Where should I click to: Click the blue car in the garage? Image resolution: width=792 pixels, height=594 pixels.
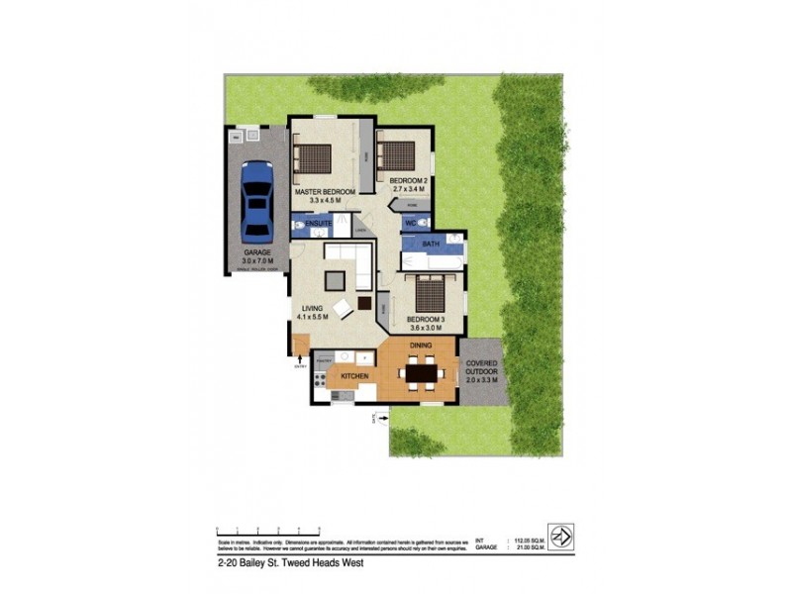(x=256, y=201)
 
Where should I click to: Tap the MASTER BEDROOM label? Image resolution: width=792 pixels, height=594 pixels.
(x=324, y=192)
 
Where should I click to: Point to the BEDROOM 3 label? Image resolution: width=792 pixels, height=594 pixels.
(x=426, y=320)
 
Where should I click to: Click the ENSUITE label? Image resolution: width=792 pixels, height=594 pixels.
(x=318, y=225)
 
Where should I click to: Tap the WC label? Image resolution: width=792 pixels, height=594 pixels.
(x=410, y=224)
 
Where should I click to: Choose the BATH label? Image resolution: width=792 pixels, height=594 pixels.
(x=431, y=244)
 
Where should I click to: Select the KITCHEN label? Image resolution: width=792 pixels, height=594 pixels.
(x=354, y=378)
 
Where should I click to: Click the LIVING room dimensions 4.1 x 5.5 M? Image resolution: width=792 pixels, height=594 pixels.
(x=315, y=318)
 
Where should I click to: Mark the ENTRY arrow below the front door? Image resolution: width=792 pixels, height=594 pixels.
(x=300, y=365)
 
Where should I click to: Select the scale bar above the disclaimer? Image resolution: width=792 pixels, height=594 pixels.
(x=257, y=531)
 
